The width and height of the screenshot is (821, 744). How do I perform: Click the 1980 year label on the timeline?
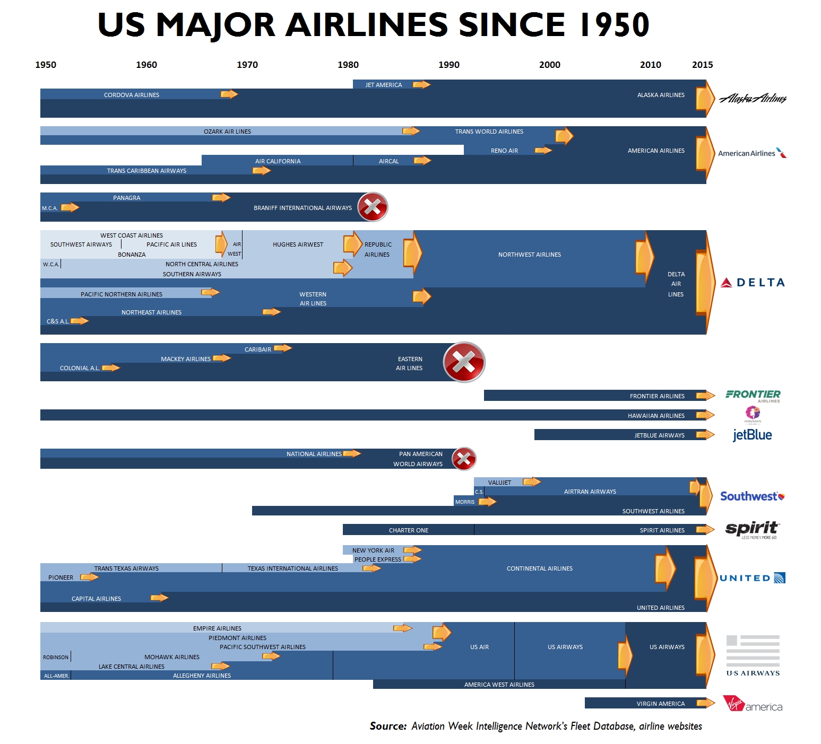point(348,65)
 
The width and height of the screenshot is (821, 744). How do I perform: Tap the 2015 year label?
point(702,65)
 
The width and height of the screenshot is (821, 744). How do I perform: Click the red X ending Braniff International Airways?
point(373,207)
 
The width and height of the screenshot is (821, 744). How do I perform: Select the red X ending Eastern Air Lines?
point(464,363)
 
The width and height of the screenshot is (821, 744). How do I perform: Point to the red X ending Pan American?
point(464,459)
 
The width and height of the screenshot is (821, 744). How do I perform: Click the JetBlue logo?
point(752,435)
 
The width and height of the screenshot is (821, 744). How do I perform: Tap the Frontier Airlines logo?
point(753,396)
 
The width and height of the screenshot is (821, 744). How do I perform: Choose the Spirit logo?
point(751,529)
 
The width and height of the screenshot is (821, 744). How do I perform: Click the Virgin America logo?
point(753,704)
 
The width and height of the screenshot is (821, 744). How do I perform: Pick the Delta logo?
point(753,283)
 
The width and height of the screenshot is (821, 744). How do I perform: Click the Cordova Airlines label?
point(132,95)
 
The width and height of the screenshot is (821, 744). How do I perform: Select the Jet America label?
point(384,85)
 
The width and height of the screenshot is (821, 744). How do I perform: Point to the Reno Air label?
point(504,151)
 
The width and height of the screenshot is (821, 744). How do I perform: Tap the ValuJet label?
point(499,483)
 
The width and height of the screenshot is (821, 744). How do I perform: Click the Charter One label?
point(409,530)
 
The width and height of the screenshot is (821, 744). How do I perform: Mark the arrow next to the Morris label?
point(488,501)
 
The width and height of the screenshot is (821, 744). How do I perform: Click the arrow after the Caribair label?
point(283,348)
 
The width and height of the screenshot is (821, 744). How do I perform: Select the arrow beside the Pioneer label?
point(89,577)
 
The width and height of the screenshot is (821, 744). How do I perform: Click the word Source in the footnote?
point(388,726)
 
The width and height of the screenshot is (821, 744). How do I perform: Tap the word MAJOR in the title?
point(215,25)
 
